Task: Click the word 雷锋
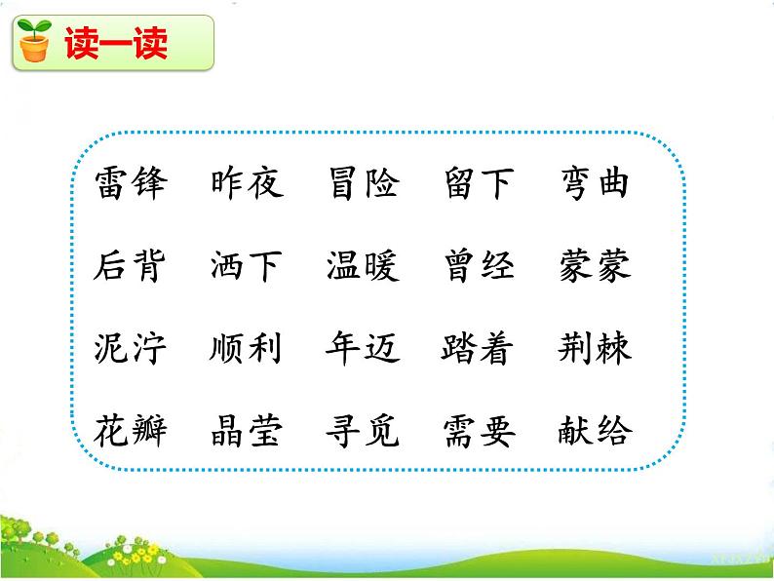pos(132,183)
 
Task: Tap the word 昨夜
pos(247,183)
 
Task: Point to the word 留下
pos(480,183)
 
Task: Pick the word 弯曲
pos(595,183)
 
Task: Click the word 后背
pos(132,265)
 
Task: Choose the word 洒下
pos(247,265)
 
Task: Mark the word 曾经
pos(480,265)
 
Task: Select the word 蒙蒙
pos(595,265)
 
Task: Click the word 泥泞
pos(132,347)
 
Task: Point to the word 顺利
pos(247,347)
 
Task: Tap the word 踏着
pos(480,347)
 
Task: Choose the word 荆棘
pos(595,347)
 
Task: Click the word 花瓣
pos(132,430)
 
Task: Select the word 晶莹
pos(247,430)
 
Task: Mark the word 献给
pos(595,430)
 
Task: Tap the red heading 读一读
pos(116,44)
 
